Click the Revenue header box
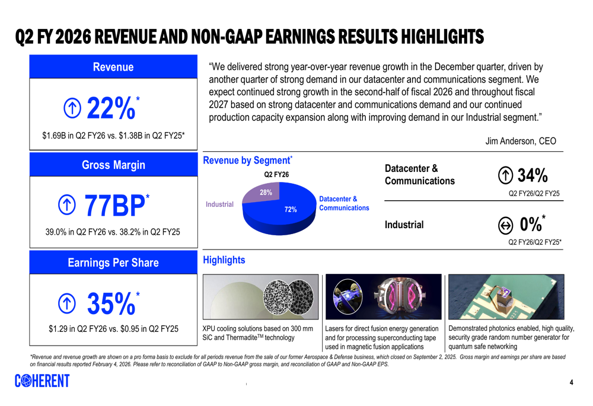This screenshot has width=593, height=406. tap(113, 67)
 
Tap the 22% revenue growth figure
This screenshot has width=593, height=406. tap(110, 108)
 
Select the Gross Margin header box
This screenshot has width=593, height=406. tap(113, 165)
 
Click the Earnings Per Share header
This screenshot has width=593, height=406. tap(113, 263)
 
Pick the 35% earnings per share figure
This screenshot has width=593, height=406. tap(110, 303)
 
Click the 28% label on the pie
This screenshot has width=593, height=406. tap(266, 192)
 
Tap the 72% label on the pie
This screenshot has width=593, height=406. tap(291, 209)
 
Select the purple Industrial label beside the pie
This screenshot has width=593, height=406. tap(219, 204)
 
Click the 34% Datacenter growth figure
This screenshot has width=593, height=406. tap(533, 175)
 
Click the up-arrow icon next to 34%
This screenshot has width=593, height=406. tap(505, 175)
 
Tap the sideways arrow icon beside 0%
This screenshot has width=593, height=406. tap(505, 225)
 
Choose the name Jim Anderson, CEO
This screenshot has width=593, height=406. tap(521, 141)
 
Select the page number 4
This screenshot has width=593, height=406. tap(571, 382)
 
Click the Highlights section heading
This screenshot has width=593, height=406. tap(224, 260)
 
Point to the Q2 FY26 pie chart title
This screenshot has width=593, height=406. tap(276, 174)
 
